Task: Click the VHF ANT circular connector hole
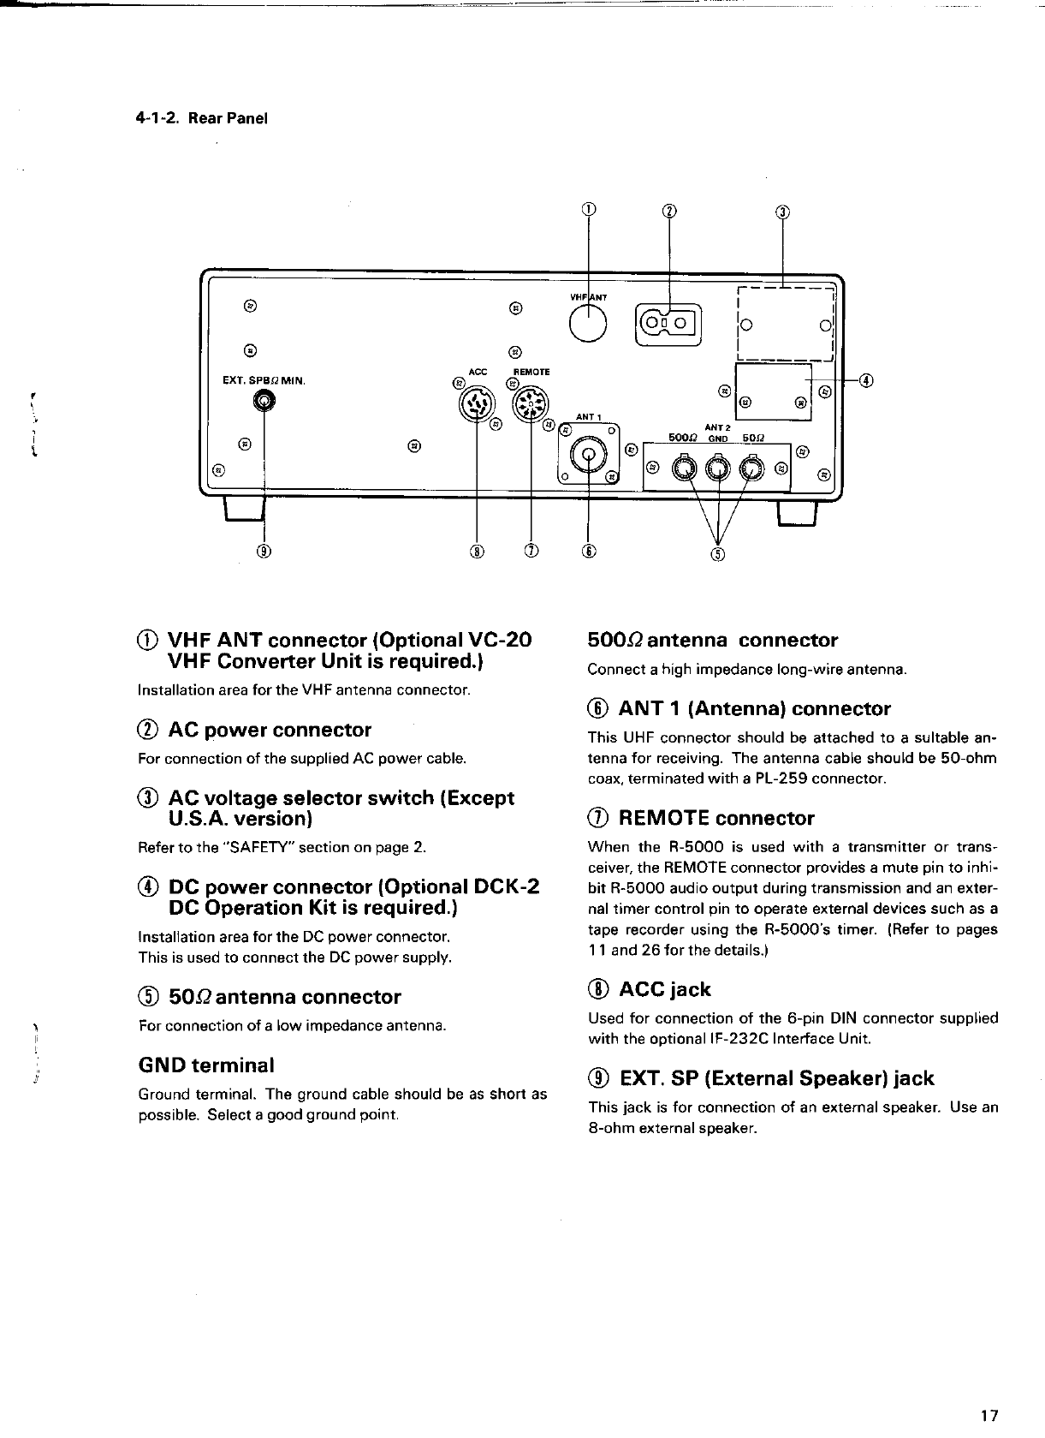(x=590, y=323)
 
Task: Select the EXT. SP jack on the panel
(x=264, y=399)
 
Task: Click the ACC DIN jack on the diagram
(x=476, y=404)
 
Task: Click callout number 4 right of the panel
(x=866, y=379)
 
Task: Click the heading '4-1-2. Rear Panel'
(x=202, y=118)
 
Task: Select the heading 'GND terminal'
(x=206, y=1065)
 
